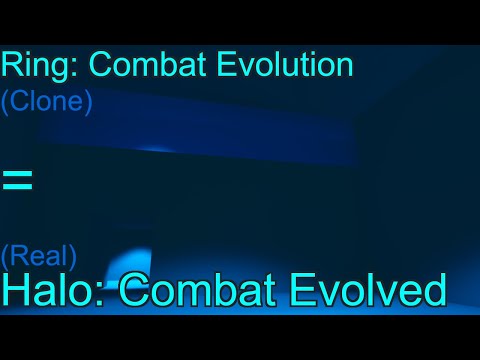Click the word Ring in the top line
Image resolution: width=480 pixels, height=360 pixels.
[x=36, y=66]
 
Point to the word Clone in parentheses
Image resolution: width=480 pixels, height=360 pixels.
[x=47, y=103]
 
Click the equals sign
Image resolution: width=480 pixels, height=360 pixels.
[x=17, y=180]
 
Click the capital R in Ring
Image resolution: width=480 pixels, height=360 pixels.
[x=10, y=66]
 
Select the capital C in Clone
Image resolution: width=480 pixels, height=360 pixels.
[x=18, y=103]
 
